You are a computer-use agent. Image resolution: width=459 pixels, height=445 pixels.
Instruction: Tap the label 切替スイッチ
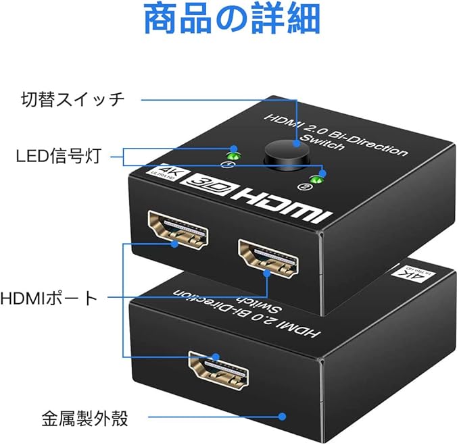click(72, 99)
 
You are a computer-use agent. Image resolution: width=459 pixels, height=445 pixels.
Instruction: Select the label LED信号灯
click(58, 157)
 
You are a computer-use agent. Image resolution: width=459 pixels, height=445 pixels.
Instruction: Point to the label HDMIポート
click(49, 298)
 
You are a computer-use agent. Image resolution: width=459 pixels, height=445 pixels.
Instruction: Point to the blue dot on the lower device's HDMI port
click(216, 356)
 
